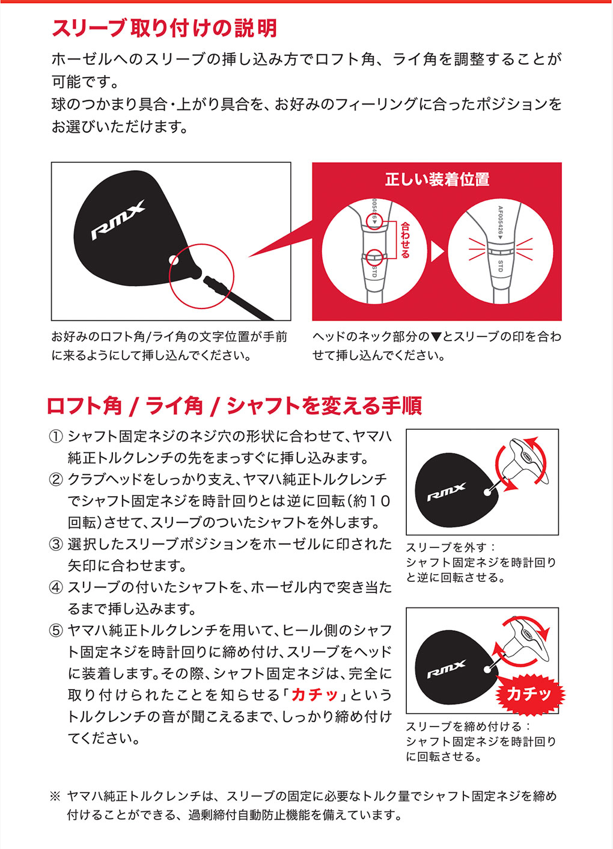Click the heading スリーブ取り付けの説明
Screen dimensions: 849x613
pyautogui.click(x=164, y=28)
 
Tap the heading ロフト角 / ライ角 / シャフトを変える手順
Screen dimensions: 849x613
pyautogui.click(x=234, y=406)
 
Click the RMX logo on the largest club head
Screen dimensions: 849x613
pyautogui.click(x=118, y=220)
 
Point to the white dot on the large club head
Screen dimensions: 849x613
pyautogui.click(x=174, y=259)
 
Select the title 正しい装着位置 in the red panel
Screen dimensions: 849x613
pyautogui.click(x=437, y=179)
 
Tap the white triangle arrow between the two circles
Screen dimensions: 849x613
pyautogui.click(x=438, y=251)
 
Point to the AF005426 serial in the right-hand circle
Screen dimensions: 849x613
pyautogui.click(x=500, y=223)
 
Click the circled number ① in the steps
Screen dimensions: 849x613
pyautogui.click(x=55, y=437)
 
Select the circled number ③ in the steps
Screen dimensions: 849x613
pyautogui.click(x=55, y=544)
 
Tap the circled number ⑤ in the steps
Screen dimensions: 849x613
pyautogui.click(x=55, y=631)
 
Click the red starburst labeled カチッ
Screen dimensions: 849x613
pyautogui.click(x=529, y=694)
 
